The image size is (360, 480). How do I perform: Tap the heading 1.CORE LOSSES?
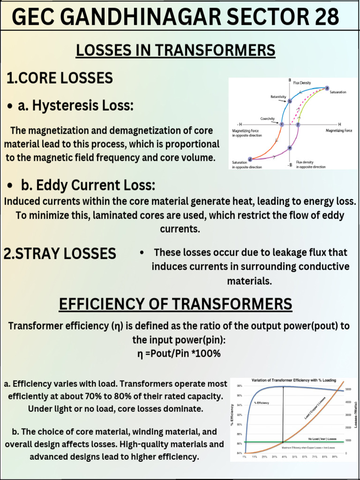pos(60,78)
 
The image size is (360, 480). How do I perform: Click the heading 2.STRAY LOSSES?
pos(60,253)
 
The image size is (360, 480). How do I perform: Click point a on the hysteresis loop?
pos(327,88)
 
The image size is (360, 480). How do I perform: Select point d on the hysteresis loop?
pos(250,159)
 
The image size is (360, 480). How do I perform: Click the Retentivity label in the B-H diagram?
pos(278,97)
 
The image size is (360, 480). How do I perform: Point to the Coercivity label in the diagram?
pos(268,119)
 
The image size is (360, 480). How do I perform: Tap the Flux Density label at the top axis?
pos(302,83)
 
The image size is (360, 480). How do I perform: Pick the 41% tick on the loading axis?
pos(284,457)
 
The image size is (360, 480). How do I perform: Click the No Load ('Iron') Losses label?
pos(322,439)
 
